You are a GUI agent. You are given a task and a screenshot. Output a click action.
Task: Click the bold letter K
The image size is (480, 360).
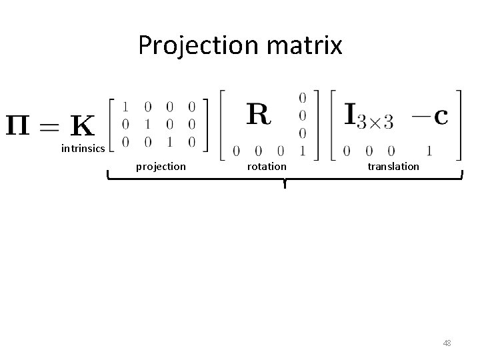click(x=81, y=125)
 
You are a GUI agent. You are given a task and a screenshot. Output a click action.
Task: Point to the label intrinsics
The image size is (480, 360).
click(x=83, y=148)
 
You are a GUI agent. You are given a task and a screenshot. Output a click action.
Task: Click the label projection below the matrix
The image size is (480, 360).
click(x=161, y=166)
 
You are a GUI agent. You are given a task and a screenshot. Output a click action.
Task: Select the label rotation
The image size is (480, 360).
click(x=267, y=166)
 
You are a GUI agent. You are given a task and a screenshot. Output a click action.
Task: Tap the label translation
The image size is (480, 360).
click(x=393, y=166)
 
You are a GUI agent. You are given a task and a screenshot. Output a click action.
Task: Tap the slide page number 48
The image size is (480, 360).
click(x=447, y=343)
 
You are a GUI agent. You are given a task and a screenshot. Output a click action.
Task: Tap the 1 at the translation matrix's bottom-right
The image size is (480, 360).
click(x=430, y=151)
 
